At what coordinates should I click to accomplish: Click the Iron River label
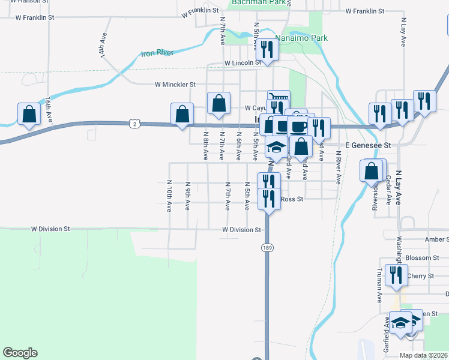coord(157,53)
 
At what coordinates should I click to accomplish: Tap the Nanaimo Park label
coord(298,37)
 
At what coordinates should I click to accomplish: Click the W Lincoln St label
coord(243,63)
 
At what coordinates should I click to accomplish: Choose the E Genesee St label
coord(368,145)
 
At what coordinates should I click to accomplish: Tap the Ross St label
coord(292,199)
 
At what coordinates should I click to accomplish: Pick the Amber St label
coord(436,239)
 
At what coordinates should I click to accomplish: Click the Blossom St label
coord(423,258)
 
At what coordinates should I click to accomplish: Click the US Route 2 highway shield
coord(133,123)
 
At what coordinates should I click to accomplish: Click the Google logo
coord(20,353)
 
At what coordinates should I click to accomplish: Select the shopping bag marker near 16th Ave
coord(29,114)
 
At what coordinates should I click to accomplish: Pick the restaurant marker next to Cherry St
coord(395,275)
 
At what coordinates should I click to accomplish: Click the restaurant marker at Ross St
coord(268,199)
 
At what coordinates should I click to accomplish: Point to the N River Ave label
coord(338,167)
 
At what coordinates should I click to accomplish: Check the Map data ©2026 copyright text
coord(423,355)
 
